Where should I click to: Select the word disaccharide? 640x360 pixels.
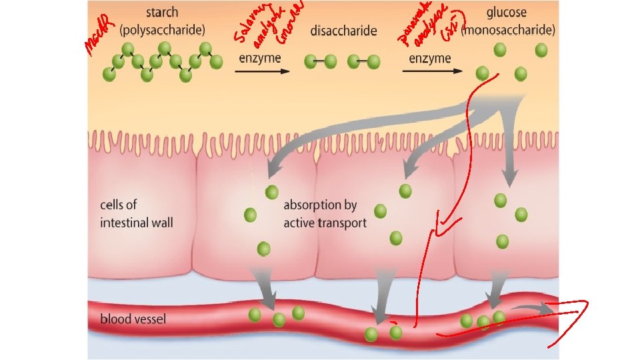[343, 31]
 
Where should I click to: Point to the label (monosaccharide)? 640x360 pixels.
[509, 30]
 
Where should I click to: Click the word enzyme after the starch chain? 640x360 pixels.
[260, 58]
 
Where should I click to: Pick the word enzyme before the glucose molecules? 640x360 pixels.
[430, 58]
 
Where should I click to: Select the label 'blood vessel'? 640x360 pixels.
[133, 319]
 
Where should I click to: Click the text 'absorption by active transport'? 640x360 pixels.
[325, 213]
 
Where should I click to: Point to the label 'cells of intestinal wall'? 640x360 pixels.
[136, 213]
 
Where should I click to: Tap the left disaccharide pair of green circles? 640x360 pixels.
[319, 62]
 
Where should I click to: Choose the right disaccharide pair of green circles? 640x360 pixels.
[364, 62]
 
